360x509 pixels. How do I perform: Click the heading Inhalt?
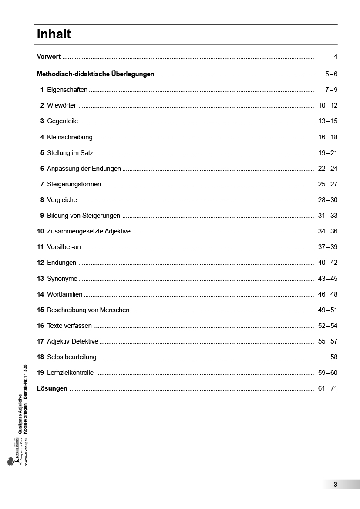(x=54, y=34)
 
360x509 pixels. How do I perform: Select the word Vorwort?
(x=49, y=57)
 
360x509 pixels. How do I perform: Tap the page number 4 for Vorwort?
(x=335, y=57)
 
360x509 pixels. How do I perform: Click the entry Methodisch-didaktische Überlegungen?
(x=95, y=74)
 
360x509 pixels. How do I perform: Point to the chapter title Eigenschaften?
(x=67, y=90)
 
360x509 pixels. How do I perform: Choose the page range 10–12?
(x=327, y=105)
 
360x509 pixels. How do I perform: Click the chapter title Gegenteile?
(x=62, y=121)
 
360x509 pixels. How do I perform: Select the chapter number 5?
(x=42, y=153)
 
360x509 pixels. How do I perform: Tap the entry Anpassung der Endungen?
(x=84, y=169)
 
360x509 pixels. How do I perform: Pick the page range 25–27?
(x=327, y=184)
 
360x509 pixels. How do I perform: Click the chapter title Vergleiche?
(x=62, y=200)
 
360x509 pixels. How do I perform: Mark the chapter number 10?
(x=40, y=231)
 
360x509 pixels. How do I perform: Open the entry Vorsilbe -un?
(x=64, y=247)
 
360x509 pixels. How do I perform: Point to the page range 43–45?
(x=327, y=279)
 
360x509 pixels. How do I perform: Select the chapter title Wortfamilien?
(x=64, y=294)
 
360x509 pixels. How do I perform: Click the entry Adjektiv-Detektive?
(x=72, y=341)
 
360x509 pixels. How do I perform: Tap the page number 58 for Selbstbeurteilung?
(x=334, y=357)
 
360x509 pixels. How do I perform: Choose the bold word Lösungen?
(x=52, y=388)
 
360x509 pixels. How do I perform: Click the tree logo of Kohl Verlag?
(x=10, y=461)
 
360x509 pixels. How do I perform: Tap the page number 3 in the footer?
(x=335, y=485)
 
